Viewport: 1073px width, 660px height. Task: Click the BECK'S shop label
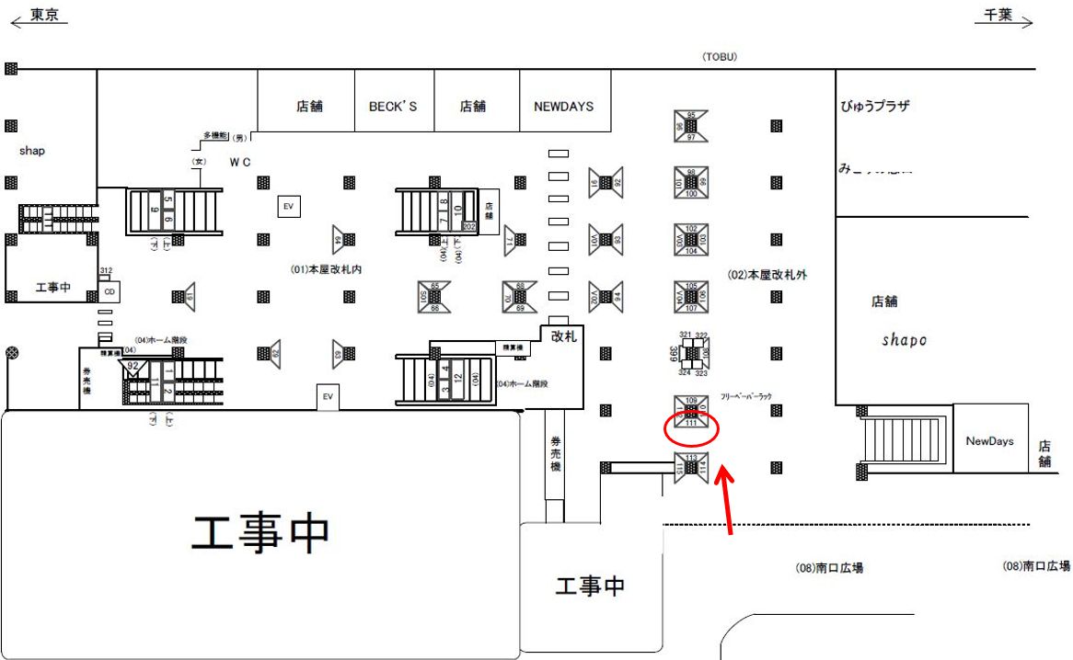click(x=393, y=106)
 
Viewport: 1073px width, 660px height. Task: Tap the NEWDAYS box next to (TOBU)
click(x=564, y=106)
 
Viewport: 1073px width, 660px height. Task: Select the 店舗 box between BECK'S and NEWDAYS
click(x=473, y=106)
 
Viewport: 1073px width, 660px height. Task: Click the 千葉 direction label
click(x=998, y=16)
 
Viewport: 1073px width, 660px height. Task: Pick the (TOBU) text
click(x=720, y=57)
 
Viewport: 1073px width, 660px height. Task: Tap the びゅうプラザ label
click(x=874, y=106)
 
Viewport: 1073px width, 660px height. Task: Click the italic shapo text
click(x=904, y=340)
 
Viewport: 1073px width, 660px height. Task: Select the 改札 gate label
click(x=563, y=336)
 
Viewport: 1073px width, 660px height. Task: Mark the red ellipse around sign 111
click(x=691, y=427)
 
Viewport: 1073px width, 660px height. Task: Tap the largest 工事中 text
click(x=260, y=533)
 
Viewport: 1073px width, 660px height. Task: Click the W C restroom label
click(x=240, y=163)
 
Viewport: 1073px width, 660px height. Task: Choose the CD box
click(x=110, y=291)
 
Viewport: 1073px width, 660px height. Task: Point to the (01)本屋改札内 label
click(x=326, y=269)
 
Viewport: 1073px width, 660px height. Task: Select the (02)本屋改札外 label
click(x=767, y=274)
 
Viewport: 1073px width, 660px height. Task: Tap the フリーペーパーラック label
click(x=745, y=395)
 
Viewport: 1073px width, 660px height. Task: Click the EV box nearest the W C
click(x=288, y=207)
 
